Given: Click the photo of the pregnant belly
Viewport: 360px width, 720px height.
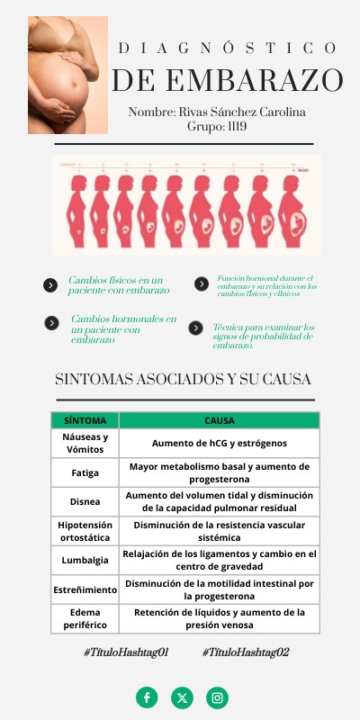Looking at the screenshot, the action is [67, 75].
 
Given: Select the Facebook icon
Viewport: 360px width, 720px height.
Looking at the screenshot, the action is [147, 697].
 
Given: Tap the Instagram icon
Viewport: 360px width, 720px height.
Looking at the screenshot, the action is [217, 697].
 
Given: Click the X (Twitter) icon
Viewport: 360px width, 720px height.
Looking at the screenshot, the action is [182, 697].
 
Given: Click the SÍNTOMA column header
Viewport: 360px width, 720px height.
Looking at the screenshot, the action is [85, 420].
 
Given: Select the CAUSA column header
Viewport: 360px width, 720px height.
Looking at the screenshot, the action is [220, 420].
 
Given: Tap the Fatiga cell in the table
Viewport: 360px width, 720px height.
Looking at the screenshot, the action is [85, 472].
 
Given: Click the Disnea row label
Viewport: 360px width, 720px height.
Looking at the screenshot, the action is [85, 501].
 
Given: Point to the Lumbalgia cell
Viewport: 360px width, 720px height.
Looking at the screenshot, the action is [85, 560].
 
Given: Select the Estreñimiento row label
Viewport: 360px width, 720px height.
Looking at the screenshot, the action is [85, 589].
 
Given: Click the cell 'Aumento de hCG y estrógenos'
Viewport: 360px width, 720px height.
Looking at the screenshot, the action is [220, 443].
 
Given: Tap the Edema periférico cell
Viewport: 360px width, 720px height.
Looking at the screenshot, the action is [85, 618].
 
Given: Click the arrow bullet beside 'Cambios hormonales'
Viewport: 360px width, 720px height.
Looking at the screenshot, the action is [51, 322].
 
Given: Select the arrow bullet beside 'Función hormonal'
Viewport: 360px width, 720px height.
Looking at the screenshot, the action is [202, 284].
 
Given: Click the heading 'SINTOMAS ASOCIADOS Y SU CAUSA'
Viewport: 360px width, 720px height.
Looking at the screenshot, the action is [184, 379].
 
